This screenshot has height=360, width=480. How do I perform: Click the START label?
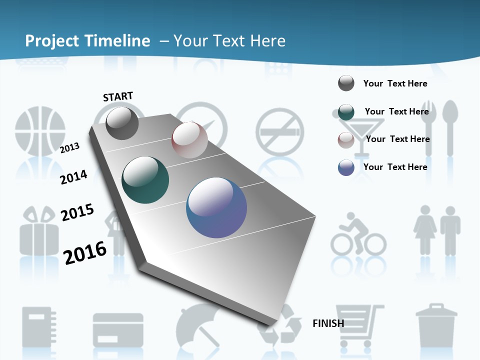tap(118, 96)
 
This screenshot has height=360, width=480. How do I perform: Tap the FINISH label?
tap(328, 323)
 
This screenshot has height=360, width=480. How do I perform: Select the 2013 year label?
tap(70, 147)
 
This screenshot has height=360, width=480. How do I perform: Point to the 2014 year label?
tap(73, 177)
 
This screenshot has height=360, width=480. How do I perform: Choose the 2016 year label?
tap(85, 252)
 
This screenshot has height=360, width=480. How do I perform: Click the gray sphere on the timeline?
tap(122, 123)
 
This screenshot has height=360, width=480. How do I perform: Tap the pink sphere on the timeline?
tap(189, 140)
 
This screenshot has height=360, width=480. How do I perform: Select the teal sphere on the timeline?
tap(145, 180)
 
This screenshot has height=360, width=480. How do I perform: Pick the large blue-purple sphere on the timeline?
tap(216, 207)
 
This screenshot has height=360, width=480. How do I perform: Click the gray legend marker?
tap(346, 83)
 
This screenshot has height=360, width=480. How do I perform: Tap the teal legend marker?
tap(346, 112)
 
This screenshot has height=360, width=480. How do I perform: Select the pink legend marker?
tap(346, 139)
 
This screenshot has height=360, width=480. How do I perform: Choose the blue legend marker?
tap(346, 167)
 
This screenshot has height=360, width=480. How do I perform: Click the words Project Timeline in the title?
tap(87, 41)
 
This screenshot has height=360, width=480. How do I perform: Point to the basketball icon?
tap(40, 132)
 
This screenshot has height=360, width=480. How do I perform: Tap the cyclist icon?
tap(358, 235)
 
